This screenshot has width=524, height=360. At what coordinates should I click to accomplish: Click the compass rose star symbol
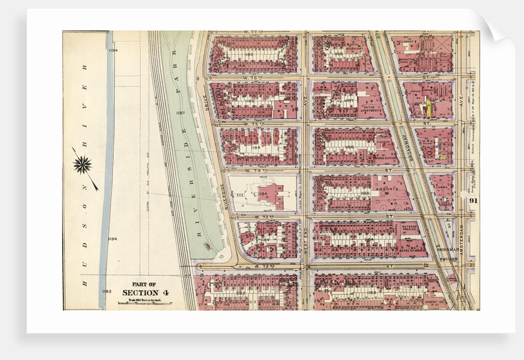(x=82, y=165)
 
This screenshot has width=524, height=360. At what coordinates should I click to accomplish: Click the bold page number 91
(x=473, y=200)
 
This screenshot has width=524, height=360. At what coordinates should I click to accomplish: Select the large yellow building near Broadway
(x=426, y=109)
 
